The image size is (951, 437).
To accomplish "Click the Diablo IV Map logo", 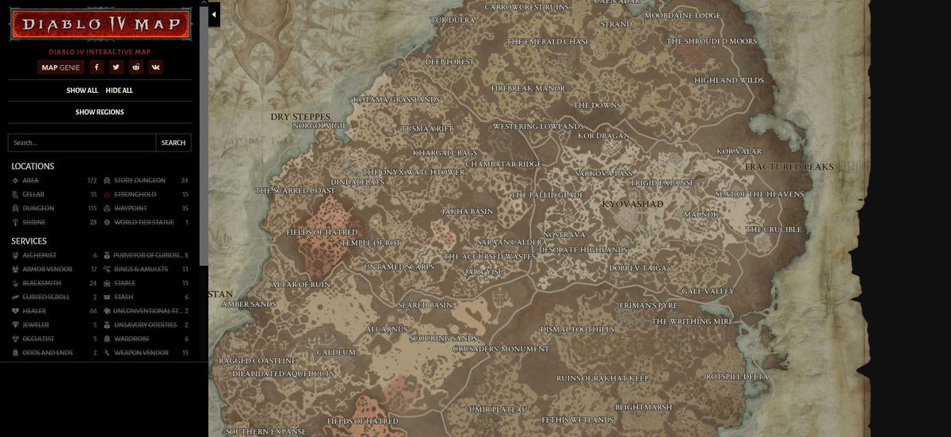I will click(x=100, y=25).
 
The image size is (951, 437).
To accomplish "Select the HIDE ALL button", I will click(x=119, y=90).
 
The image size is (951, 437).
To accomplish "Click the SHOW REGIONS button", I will click(x=100, y=113).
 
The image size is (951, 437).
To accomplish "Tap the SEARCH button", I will click(x=173, y=143).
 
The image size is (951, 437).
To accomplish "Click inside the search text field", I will click(x=82, y=143).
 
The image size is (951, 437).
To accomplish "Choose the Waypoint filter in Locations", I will click(x=130, y=209).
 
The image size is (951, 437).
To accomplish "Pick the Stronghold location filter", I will click(x=135, y=194).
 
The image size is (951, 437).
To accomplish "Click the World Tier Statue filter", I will click(x=143, y=223).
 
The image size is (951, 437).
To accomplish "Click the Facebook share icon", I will click(x=96, y=67).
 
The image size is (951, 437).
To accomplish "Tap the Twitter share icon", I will click(x=116, y=67).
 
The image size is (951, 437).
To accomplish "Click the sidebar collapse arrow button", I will click(x=214, y=14).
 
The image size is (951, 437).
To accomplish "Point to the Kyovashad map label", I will click(x=632, y=205).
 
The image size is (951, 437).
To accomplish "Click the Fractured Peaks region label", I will click(x=789, y=167).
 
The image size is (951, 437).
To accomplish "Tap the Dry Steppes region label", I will click(x=300, y=117).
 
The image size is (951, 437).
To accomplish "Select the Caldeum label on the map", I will click(x=336, y=352).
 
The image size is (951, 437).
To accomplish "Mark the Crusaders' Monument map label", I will click(x=501, y=349).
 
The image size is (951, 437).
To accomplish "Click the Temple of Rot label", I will click(x=371, y=243).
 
